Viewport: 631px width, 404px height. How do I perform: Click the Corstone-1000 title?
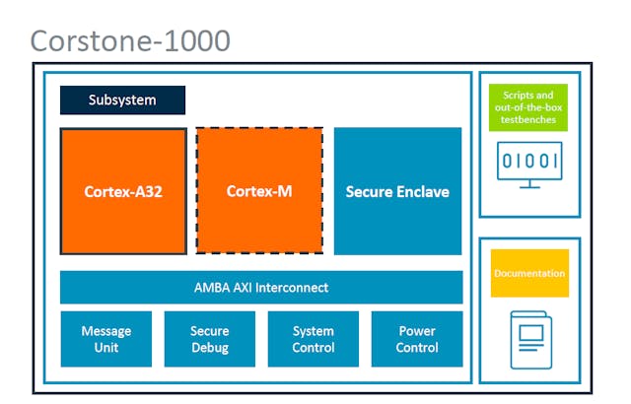click(x=130, y=40)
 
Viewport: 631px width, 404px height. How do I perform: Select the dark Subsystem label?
click(x=122, y=101)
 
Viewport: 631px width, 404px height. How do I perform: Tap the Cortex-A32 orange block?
click(x=123, y=191)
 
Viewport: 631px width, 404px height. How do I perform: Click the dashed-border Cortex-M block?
click(x=259, y=191)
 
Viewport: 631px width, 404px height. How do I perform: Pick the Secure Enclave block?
click(x=397, y=191)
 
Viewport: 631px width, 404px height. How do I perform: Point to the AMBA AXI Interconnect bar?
click(x=261, y=288)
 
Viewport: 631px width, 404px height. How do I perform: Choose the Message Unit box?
click(x=106, y=339)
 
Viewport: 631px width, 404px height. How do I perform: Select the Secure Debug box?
click(x=209, y=339)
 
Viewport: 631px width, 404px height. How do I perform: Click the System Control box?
click(x=313, y=339)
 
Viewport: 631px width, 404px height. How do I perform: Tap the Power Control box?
click(x=417, y=339)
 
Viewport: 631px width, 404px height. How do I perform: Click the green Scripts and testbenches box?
click(x=529, y=107)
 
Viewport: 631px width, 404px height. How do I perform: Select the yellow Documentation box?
click(x=529, y=273)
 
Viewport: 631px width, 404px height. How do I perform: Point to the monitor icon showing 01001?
click(x=529, y=164)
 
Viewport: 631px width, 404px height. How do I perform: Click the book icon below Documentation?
click(x=529, y=337)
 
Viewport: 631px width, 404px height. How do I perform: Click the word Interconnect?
click(x=292, y=288)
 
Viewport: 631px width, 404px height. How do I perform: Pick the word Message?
click(x=106, y=331)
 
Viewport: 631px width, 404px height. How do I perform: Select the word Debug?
click(x=209, y=348)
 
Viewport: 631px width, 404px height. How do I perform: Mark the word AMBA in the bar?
click(x=211, y=288)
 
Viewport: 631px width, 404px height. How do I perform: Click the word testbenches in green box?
click(x=529, y=120)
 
